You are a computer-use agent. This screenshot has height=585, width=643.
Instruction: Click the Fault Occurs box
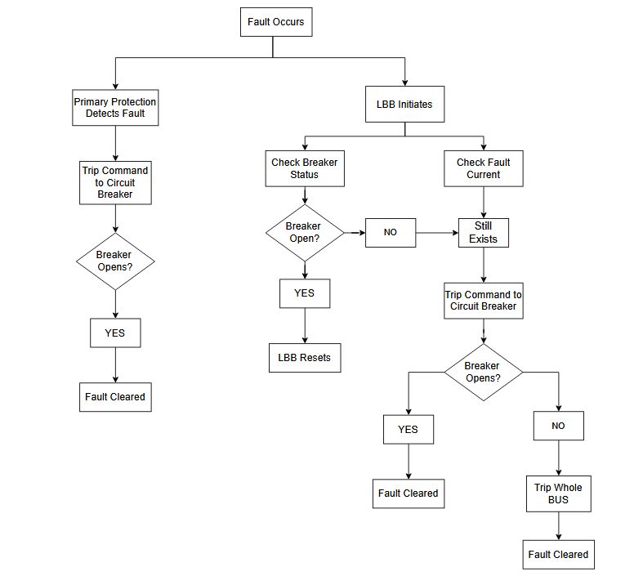(275, 22)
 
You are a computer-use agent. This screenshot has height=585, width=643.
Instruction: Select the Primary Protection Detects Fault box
(115, 107)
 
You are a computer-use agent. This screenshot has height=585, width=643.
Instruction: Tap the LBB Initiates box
(404, 105)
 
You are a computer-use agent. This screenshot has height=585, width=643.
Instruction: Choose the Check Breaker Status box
(304, 168)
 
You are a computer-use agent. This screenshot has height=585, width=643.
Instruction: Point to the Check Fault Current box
(483, 168)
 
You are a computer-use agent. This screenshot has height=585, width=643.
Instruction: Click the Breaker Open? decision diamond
(304, 232)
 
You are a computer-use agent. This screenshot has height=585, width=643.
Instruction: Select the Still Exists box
(483, 232)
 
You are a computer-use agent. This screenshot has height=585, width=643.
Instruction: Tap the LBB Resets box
(304, 358)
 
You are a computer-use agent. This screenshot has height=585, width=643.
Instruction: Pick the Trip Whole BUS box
(558, 493)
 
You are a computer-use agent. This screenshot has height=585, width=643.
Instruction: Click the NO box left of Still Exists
(391, 232)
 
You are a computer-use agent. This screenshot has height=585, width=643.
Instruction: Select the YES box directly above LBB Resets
(304, 293)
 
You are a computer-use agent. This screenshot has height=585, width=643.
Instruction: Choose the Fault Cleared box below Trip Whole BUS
(558, 554)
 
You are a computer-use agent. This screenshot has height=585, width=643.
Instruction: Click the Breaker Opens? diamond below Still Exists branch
(483, 372)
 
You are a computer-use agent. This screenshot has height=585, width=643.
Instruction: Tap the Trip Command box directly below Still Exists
(483, 301)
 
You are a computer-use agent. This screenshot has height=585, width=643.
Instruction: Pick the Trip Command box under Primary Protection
(115, 182)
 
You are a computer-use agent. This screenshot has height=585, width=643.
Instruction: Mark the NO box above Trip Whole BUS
(558, 426)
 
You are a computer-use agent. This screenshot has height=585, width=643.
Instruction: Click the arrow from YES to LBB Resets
(304, 326)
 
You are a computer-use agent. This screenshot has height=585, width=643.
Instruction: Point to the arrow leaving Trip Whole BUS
(558, 526)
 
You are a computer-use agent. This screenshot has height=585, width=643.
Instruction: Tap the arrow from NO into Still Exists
(438, 232)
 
